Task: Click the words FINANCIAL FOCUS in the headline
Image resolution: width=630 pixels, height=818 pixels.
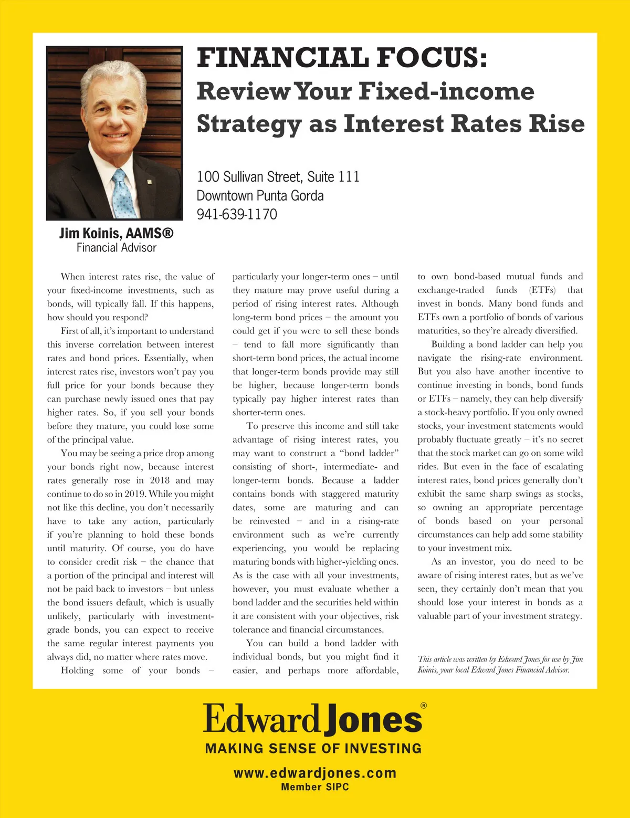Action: pyautogui.click(x=342, y=58)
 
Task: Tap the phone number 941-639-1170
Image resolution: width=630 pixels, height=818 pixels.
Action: pyautogui.click(x=237, y=214)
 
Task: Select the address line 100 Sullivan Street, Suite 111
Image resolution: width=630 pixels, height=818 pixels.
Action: pyautogui.click(x=278, y=176)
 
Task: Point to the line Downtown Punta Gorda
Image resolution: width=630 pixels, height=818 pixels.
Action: pyautogui.click(x=260, y=195)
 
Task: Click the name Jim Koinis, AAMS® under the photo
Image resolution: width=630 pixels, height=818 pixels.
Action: pyautogui.click(x=116, y=233)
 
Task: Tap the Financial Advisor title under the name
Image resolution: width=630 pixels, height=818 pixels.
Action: pyautogui.click(x=116, y=248)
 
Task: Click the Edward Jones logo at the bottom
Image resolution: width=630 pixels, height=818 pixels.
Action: pyautogui.click(x=313, y=719)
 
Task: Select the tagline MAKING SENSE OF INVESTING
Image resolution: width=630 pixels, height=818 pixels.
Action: pyautogui.click(x=313, y=748)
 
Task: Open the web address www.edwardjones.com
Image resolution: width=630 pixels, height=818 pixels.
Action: pyautogui.click(x=314, y=773)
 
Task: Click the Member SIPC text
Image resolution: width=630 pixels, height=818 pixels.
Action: pyautogui.click(x=314, y=787)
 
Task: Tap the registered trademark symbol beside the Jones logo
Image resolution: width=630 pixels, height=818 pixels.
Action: pyautogui.click(x=424, y=706)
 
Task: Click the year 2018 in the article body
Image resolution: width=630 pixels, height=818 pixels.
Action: pyautogui.click(x=160, y=480)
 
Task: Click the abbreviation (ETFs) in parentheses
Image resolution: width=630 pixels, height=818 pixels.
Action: pyautogui.click(x=542, y=290)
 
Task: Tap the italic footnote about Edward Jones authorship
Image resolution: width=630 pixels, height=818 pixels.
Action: pyautogui.click(x=500, y=664)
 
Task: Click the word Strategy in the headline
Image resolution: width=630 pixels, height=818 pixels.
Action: pyautogui.click(x=249, y=124)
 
